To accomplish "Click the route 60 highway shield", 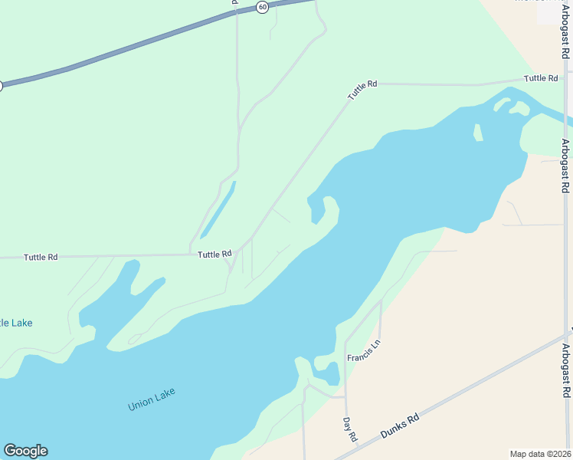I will [x=263, y=7].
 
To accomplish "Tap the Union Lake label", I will [x=152, y=399].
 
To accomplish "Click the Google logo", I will [x=25, y=451].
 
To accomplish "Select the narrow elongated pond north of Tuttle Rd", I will [x=218, y=209].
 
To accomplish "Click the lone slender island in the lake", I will [x=478, y=133].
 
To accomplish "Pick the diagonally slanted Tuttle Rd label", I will [x=362, y=90].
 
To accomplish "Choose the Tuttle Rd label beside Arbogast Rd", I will [x=541, y=78].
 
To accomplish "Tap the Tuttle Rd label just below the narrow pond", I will [x=214, y=255].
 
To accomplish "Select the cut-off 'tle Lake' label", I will [x=16, y=323].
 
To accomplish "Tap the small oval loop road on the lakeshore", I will [x=135, y=339].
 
